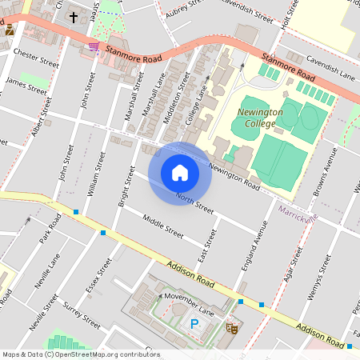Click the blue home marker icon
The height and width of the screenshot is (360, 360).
[180, 172]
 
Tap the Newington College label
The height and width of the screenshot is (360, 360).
[258, 118]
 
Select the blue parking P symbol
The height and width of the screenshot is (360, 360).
[194, 324]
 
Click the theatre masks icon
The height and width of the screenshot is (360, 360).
[233, 327]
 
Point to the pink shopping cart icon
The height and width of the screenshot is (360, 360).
[94, 47]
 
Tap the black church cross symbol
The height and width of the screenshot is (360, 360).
[74, 16]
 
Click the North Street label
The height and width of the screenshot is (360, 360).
[195, 203]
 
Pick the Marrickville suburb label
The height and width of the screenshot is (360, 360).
[298, 212]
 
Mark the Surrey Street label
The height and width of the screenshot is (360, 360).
[82, 314]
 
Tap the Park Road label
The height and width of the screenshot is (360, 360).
[50, 229]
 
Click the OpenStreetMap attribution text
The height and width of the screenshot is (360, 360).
[80, 354]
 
